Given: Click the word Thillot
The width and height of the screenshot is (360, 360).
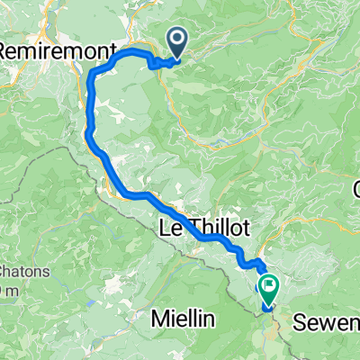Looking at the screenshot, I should click(215, 226).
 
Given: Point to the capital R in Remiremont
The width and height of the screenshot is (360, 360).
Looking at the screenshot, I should click(6, 52).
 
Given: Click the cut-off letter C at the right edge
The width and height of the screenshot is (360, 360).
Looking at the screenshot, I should click(355, 189).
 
